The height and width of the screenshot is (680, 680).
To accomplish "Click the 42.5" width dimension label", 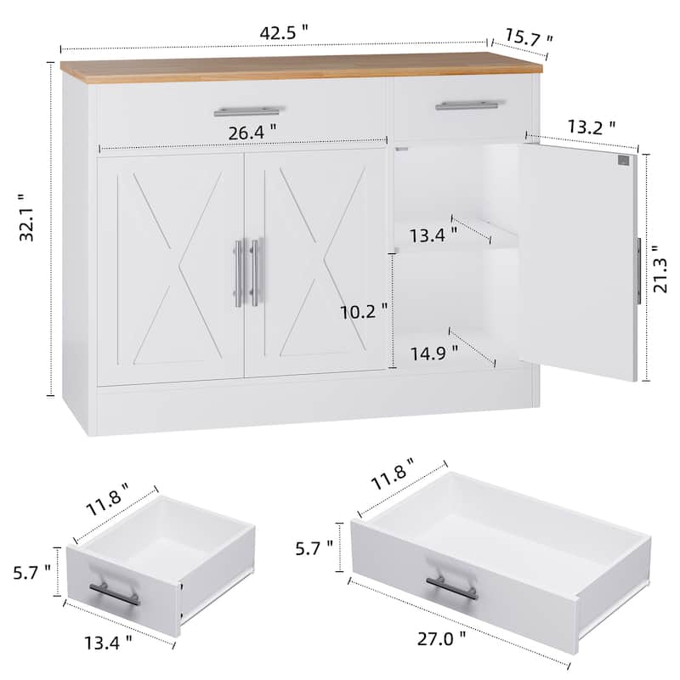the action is point(284,33).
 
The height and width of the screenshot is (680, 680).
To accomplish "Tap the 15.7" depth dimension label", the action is point(529,38).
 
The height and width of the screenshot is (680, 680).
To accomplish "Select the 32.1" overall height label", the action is point(28,218).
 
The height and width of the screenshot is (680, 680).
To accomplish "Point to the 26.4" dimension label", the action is point(252,133).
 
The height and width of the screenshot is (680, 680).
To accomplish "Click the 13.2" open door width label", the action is point(592,127).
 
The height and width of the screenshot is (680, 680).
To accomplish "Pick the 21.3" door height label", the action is point(661,269).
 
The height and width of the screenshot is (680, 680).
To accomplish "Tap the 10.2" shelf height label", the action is point(364,311).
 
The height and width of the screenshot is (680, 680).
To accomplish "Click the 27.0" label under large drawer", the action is point(441,639).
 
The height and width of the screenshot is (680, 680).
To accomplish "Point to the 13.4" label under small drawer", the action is point(108,643).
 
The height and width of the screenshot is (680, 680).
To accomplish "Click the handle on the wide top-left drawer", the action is point(249,111).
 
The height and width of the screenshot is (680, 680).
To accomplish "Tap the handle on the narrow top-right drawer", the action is point(471,105).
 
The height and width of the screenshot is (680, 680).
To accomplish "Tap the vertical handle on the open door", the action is point(638,271).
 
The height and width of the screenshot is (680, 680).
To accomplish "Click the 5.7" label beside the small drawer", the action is point(31,573).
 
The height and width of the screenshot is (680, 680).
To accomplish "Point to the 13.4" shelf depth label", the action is point(433,235).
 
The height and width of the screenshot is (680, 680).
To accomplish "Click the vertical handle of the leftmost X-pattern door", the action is point(239,273).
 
